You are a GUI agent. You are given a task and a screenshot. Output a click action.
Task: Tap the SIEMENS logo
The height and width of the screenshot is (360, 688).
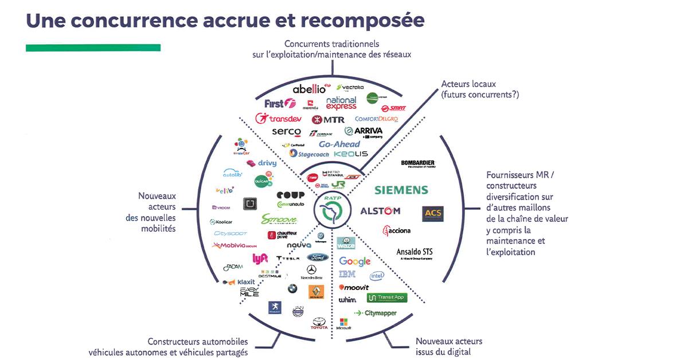coord(401,190)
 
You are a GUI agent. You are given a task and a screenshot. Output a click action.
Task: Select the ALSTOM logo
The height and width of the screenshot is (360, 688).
coord(380,211)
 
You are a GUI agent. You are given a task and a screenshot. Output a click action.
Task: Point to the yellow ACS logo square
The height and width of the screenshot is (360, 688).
coord(432,214)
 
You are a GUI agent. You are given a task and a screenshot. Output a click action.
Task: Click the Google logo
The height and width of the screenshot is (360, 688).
coord(355,261)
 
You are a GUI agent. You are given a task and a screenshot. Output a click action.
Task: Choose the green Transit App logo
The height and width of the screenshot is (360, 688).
coord(386,298)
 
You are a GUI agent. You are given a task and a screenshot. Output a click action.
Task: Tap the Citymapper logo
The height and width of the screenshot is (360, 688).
coord(376,313)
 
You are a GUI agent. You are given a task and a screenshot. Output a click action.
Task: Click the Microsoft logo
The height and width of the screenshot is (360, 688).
coord(344,324)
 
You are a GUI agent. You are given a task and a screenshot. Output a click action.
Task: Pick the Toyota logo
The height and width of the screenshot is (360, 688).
coord(319,323)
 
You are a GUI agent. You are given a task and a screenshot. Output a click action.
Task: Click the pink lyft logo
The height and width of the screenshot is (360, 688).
coord(260,259)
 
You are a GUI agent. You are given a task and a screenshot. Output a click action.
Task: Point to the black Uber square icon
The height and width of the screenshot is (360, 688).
coord(249,204)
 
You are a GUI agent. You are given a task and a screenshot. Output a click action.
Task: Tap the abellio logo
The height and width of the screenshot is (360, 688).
coord(309,89)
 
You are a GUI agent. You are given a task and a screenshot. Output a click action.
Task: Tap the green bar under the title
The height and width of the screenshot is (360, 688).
coord(93,48)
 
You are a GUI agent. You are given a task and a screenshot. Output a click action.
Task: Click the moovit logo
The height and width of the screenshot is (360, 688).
coord(354,287)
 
